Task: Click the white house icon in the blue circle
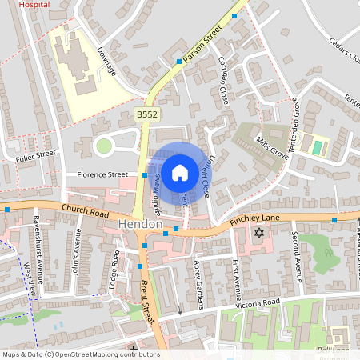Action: (180, 171)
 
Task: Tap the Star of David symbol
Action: (258, 233)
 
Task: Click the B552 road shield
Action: (146, 115)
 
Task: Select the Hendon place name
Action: (140, 226)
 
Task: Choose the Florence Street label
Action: (102, 174)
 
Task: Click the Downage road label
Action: (106, 61)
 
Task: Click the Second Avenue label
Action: (295, 257)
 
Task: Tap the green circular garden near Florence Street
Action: (103, 146)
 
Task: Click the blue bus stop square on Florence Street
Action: (145, 174)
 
